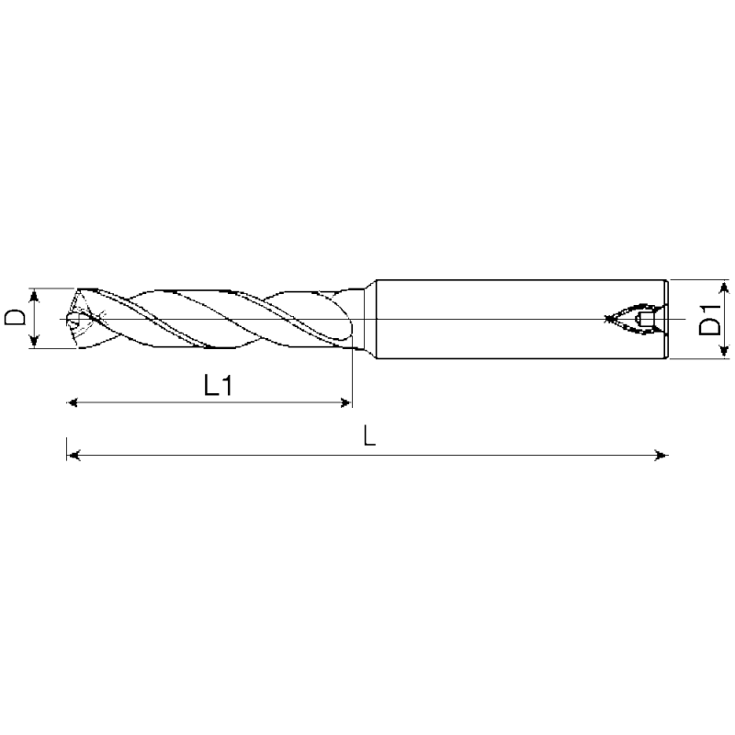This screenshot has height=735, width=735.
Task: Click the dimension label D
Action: click(x=15, y=317)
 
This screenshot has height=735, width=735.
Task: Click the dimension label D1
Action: click(x=708, y=320)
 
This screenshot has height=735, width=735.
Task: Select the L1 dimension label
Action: click(x=218, y=386)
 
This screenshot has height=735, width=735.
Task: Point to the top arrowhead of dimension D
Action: click(x=34, y=296)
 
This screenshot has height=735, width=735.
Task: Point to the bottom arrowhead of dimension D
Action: click(x=34, y=341)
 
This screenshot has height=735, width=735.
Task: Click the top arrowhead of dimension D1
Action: click(x=724, y=288)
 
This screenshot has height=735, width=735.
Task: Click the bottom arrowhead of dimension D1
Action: click(x=724, y=351)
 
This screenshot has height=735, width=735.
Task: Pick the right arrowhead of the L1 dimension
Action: click(x=345, y=402)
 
